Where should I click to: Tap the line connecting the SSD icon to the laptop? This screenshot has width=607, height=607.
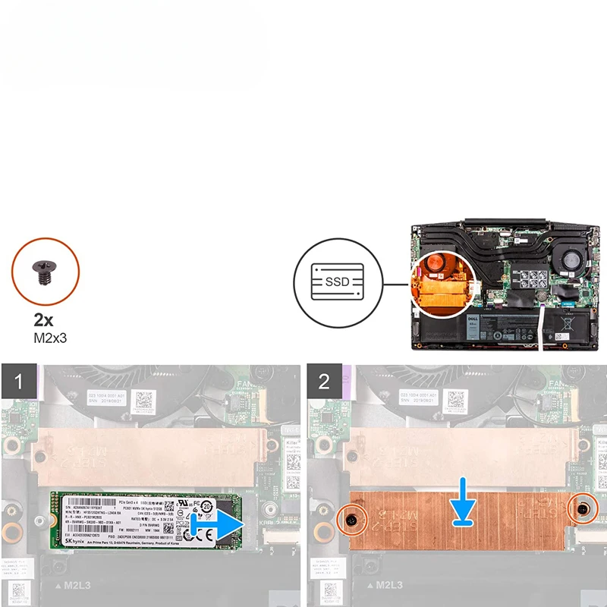tap(395, 286)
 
